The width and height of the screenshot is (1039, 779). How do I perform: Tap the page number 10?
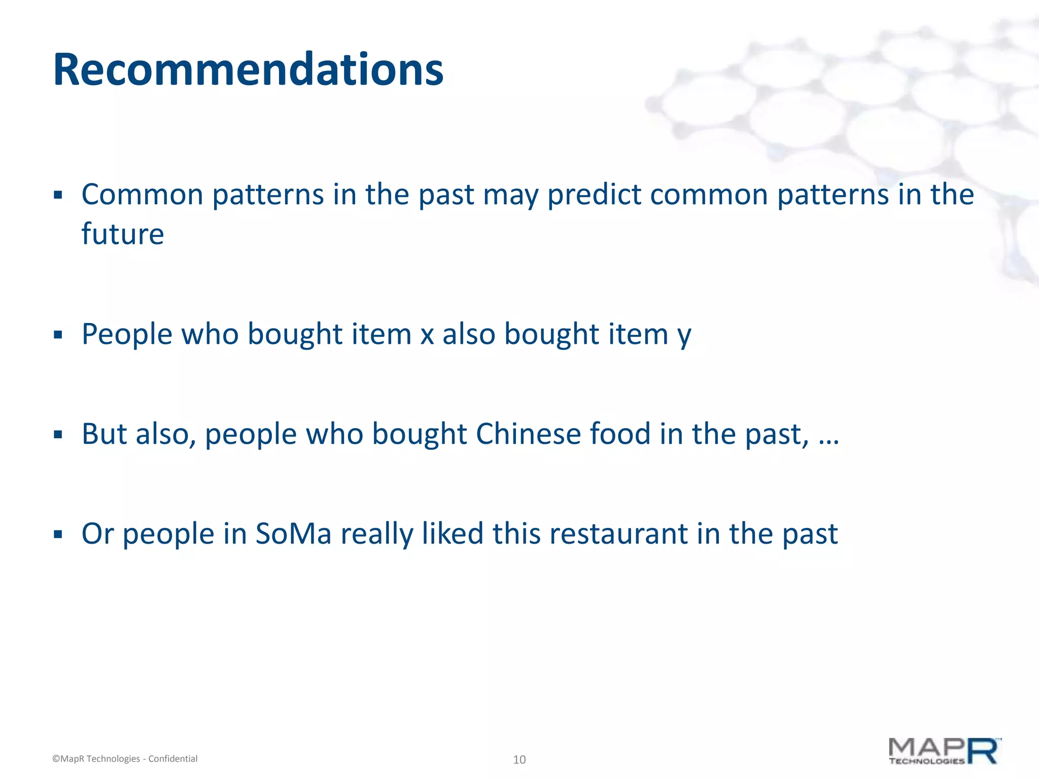click(519, 759)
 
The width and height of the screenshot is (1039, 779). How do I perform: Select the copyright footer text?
click(125, 759)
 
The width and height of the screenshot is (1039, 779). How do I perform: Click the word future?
click(123, 234)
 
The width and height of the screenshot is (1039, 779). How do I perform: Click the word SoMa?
click(293, 534)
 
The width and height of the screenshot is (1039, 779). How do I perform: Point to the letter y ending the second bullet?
click(684, 337)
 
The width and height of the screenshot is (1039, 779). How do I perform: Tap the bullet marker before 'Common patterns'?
click(58, 195)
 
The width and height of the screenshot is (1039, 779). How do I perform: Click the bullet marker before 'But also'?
click(58, 435)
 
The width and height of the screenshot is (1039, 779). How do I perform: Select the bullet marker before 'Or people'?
click(58, 534)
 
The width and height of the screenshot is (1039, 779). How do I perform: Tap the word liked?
click(453, 534)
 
